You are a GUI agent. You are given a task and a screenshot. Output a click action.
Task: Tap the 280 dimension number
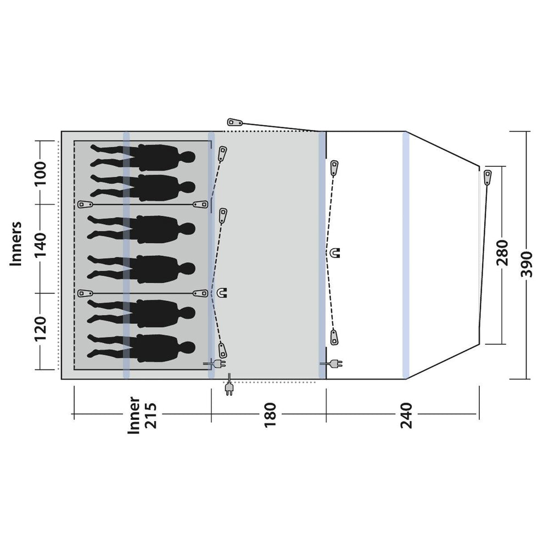tap(502, 253)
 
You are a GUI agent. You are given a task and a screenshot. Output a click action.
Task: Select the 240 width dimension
tap(406, 416)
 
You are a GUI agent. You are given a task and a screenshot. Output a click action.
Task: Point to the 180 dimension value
tap(270, 416)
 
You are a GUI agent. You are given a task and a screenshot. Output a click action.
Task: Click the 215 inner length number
tap(152, 416)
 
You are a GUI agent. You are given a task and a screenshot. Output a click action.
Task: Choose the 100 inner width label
tap(41, 174)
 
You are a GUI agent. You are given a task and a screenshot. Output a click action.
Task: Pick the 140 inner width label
tap(41, 244)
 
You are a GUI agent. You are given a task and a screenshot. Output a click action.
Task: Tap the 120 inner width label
tap(41, 329)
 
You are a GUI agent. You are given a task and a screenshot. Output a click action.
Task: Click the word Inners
tap(16, 244)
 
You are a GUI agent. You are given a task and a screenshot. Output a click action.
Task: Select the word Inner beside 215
tap(134, 415)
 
